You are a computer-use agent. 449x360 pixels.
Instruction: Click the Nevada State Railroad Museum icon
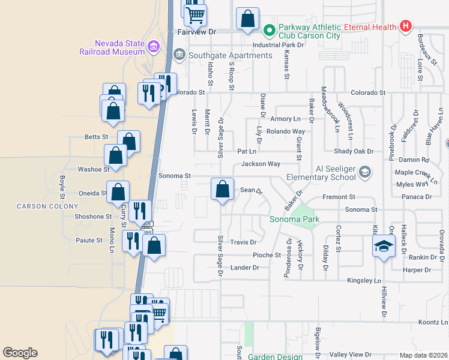(153, 47)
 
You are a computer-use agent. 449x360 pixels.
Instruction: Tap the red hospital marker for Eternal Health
(406, 26)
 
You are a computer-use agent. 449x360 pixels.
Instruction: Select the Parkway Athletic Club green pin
(269, 28)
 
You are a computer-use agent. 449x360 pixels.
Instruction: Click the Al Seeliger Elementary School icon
(364, 173)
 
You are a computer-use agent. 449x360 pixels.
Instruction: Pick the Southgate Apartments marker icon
(179, 55)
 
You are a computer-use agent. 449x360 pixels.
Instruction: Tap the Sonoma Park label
(294, 220)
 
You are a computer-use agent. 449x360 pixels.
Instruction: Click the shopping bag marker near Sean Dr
(222, 190)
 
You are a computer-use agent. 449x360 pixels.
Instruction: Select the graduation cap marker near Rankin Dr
(384, 247)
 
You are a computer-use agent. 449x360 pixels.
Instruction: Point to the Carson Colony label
(39, 206)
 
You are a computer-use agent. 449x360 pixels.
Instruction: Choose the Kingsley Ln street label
(364, 281)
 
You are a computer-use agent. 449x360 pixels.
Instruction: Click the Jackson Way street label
(261, 164)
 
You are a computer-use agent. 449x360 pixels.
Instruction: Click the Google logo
(20, 353)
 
